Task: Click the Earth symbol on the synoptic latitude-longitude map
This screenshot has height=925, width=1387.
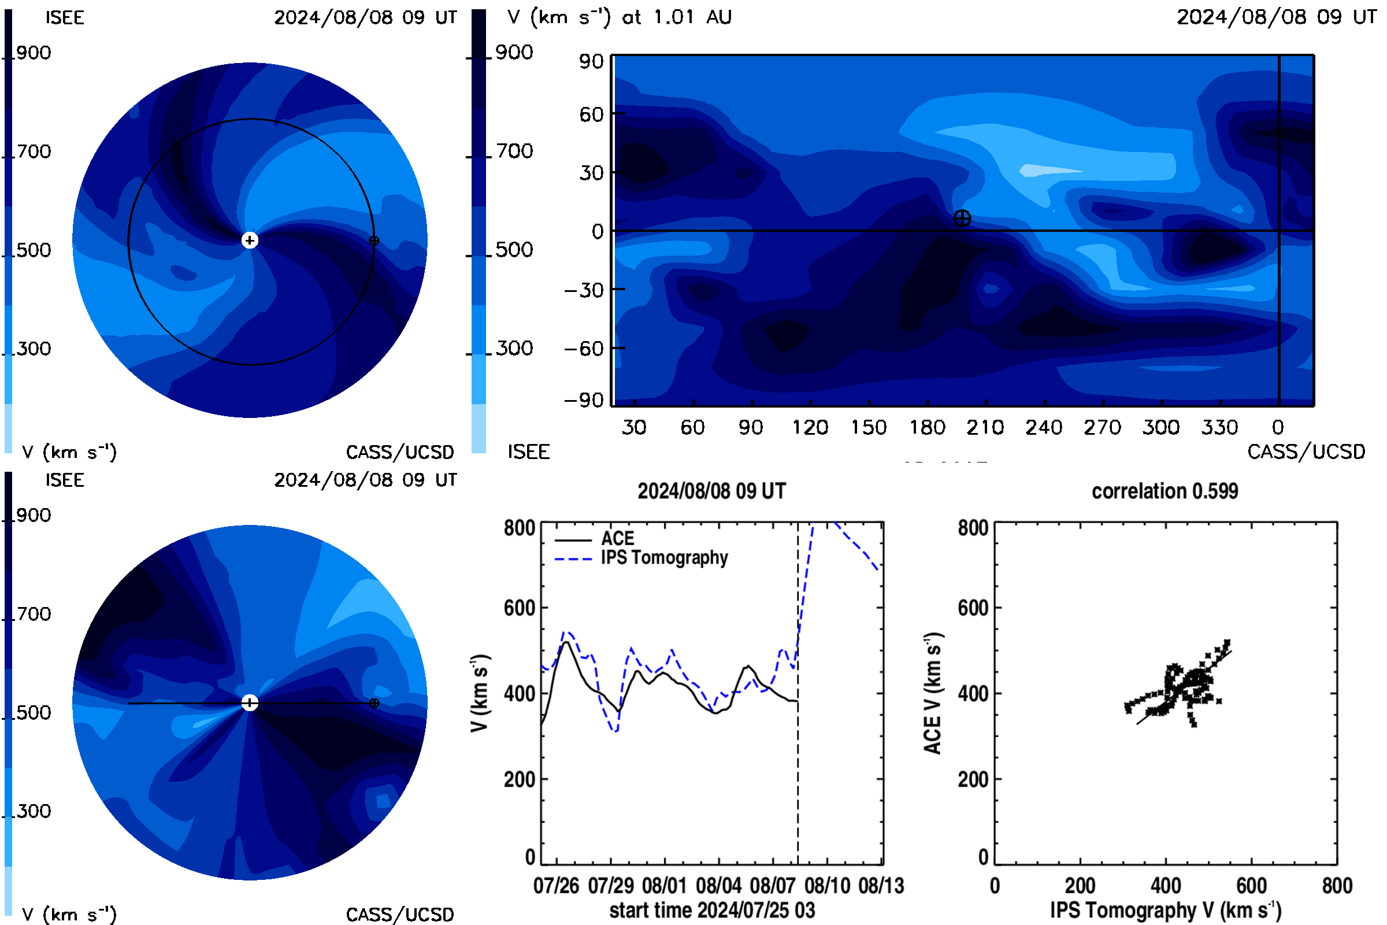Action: click(x=962, y=219)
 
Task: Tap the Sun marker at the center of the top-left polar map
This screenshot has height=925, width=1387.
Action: click(x=250, y=240)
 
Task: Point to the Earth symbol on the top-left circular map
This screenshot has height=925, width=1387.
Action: click(x=374, y=240)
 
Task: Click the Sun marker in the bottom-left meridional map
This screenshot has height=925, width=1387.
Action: click(x=250, y=702)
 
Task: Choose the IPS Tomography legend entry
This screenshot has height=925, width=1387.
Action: click(x=641, y=558)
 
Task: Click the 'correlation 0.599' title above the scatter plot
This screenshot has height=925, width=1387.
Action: click(x=1165, y=491)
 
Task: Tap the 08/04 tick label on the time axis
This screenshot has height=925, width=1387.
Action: click(x=718, y=886)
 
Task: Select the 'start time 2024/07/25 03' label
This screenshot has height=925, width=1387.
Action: click(x=712, y=910)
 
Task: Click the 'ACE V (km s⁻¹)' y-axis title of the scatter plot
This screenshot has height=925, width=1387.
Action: click(x=933, y=693)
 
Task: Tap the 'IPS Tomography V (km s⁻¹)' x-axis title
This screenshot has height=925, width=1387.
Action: click(x=1166, y=910)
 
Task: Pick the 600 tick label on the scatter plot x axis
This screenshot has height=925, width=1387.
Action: click(x=1251, y=886)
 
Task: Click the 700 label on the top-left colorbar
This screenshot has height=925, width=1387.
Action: click(x=34, y=151)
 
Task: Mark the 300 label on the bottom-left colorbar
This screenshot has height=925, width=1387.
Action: click(x=34, y=811)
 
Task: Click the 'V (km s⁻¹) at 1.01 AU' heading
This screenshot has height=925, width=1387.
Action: click(x=620, y=17)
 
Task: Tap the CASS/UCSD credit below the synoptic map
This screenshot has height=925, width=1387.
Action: click(x=1306, y=452)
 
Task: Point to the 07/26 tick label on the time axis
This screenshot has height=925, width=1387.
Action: click(x=556, y=886)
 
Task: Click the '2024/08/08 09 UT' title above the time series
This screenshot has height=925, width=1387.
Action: click(x=712, y=491)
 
